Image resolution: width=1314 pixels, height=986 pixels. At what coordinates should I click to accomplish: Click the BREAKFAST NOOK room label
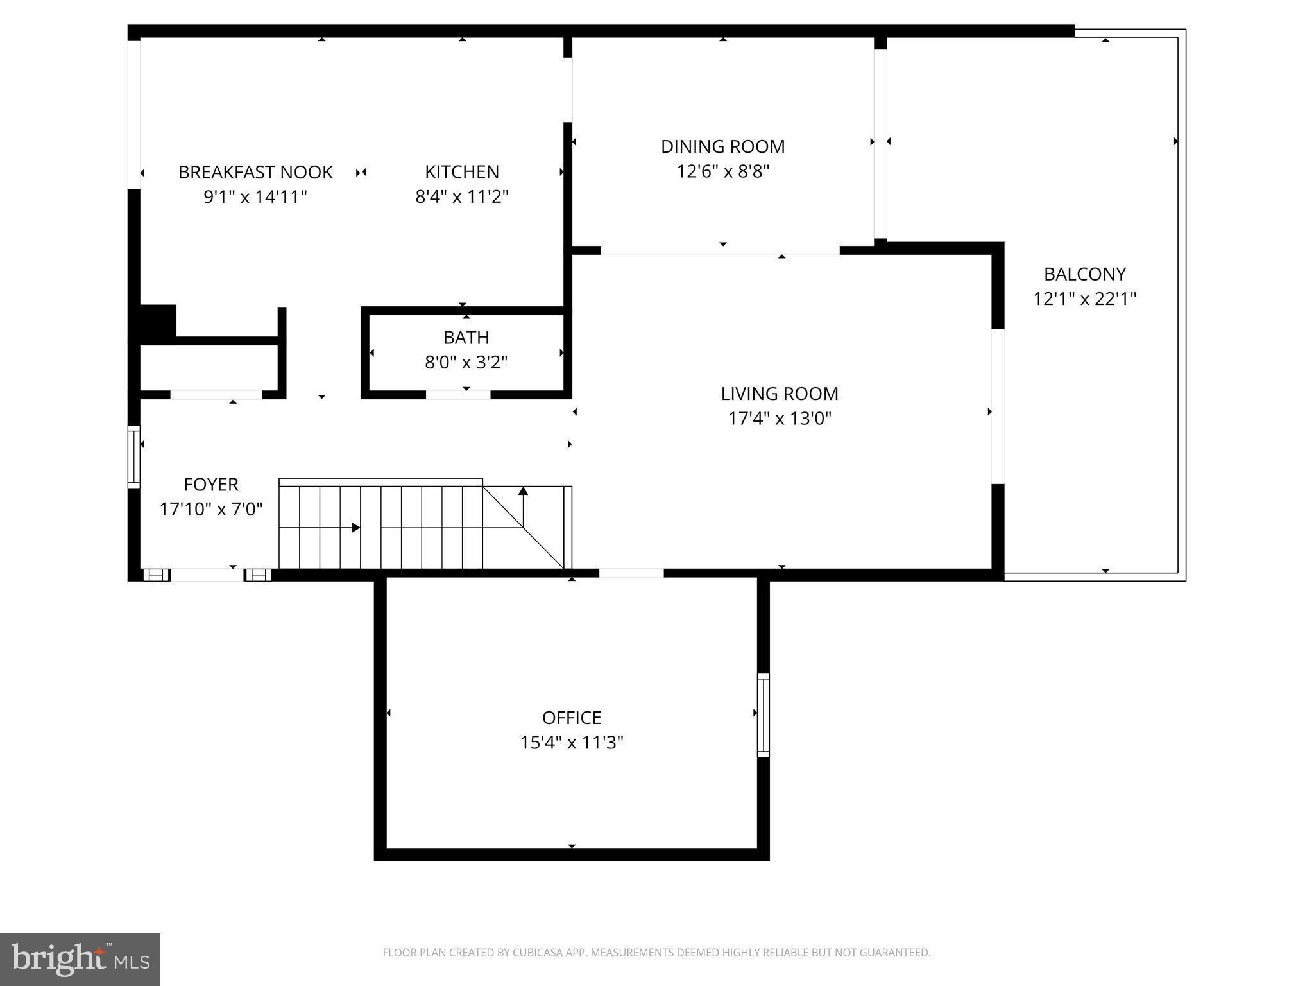pyautogui.click(x=255, y=172)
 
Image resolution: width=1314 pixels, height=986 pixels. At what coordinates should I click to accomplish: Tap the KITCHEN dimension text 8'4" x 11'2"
pyautogui.click(x=461, y=196)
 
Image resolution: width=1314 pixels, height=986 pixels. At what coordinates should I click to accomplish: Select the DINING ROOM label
pyautogui.click(x=722, y=146)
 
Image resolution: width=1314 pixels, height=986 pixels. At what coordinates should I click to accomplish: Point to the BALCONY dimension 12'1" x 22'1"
pyautogui.click(x=1084, y=299)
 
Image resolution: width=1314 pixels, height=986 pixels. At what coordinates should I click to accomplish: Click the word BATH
pyautogui.click(x=466, y=338)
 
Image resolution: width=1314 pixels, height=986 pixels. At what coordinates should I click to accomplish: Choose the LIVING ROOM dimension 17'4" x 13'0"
pyautogui.click(x=779, y=419)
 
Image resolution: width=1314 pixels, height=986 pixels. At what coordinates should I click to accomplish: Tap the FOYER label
pyautogui.click(x=210, y=484)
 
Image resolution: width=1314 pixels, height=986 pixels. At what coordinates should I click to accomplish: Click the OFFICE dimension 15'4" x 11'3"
pyautogui.click(x=571, y=743)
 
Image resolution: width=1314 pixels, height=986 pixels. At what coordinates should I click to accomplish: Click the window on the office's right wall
pyautogui.click(x=763, y=714)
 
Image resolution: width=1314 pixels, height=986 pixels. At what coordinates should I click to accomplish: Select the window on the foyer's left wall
pyautogui.click(x=133, y=456)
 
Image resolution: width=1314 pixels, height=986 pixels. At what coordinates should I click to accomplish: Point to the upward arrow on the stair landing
pyautogui.click(x=523, y=492)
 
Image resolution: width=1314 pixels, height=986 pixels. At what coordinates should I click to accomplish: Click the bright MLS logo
pyautogui.click(x=80, y=959)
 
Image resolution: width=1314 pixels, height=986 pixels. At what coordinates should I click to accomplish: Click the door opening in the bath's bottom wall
pyautogui.click(x=458, y=394)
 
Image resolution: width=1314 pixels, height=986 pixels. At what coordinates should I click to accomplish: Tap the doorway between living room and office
pyautogui.click(x=631, y=573)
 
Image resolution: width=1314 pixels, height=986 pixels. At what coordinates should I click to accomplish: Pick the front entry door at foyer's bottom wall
pyautogui.click(x=207, y=575)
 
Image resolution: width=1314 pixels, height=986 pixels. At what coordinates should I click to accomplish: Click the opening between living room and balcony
pyautogui.click(x=998, y=406)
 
